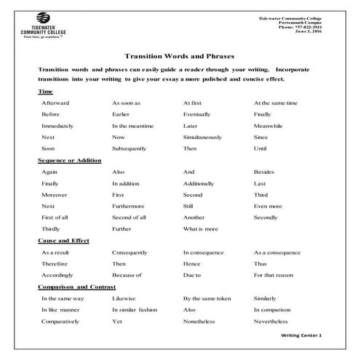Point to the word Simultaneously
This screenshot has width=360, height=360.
click(x=204, y=137)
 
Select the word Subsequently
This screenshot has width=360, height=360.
click(x=130, y=148)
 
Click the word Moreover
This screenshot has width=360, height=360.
click(x=55, y=195)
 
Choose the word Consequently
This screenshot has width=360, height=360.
click(x=131, y=252)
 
